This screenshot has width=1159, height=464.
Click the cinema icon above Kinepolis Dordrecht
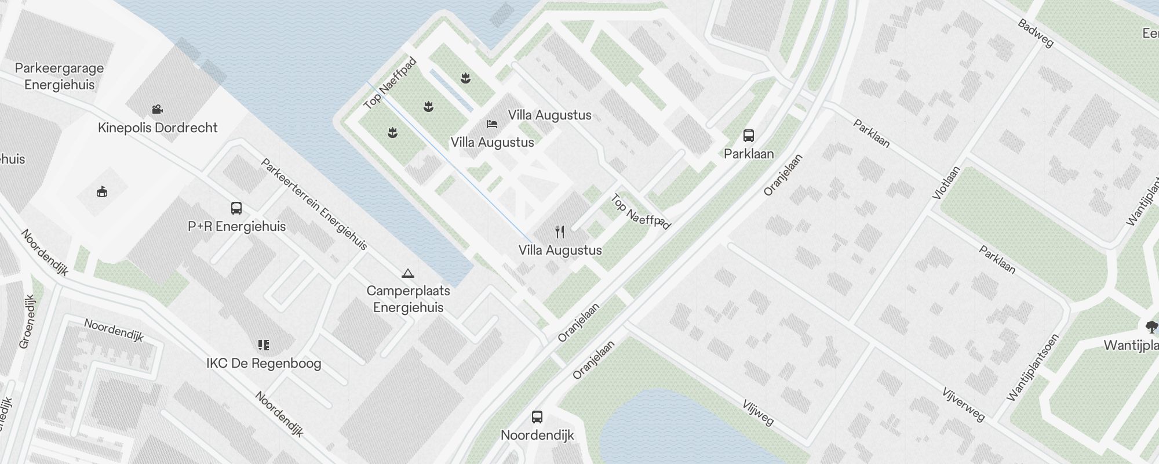click(156, 109)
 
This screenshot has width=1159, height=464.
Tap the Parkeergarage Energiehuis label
click(59, 76)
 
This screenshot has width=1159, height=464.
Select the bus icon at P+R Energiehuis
click(236, 208)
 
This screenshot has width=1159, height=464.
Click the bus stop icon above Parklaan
click(748, 136)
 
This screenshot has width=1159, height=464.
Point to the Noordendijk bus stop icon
click(537, 417)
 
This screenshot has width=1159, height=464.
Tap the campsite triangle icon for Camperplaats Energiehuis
click(408, 273)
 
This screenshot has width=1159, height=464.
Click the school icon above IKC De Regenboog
click(264, 346)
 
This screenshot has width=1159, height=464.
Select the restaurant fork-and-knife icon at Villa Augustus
click(560, 232)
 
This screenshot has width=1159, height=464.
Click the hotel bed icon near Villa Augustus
click(491, 124)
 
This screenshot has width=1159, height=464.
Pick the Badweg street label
click(1035, 34)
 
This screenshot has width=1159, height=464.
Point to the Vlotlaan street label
click(946, 183)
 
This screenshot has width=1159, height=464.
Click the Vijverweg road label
click(963, 404)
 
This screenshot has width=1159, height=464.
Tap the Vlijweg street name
click(757, 412)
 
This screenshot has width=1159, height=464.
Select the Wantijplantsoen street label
click(1033, 368)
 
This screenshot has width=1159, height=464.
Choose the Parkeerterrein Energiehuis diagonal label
click(314, 204)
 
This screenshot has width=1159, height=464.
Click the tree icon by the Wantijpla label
click(1151, 326)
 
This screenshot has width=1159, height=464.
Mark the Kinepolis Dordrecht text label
click(158, 128)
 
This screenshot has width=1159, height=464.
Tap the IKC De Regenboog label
click(264, 364)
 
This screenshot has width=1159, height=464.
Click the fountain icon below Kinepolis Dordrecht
click(102, 191)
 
